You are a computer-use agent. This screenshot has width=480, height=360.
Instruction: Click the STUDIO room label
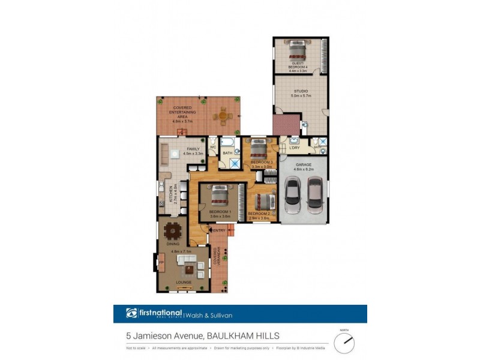pos(300,91)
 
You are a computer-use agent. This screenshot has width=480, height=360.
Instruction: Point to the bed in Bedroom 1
pos(220,195)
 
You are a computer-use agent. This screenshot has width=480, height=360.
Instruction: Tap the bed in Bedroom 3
pos(259,147)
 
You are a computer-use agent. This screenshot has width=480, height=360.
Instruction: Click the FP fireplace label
pos(161,262)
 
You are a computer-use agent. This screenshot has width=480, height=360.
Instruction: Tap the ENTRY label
pos(219,230)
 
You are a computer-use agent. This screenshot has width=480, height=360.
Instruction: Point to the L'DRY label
pos(294,148)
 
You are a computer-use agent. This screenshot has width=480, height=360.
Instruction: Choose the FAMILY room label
pos(193,149)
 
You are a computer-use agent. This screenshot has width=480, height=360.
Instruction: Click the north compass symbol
pos(344,343)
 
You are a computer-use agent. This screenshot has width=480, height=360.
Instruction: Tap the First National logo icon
pos(132,313)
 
